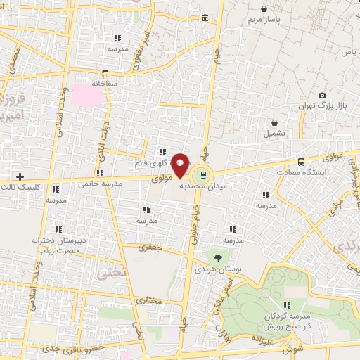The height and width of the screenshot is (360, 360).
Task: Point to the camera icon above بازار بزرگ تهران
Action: [x=322, y=95]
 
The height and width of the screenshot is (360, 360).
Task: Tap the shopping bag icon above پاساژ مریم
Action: [x=264, y=9]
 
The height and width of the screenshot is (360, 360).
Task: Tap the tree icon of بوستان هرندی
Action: [x=217, y=258]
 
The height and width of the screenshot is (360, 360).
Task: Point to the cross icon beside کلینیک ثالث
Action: [x=20, y=176]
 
